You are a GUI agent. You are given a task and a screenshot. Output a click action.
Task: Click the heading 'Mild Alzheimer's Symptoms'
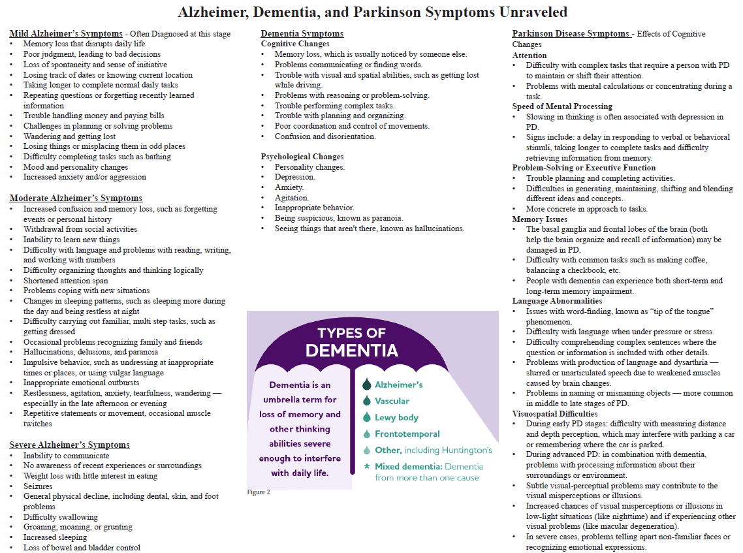coord(66,33)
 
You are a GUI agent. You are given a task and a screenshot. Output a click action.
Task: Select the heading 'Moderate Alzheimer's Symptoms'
coord(76,198)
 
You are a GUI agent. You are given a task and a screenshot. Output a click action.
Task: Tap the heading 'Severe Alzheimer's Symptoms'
coord(69,445)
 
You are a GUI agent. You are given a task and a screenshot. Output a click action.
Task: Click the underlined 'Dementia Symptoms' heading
coord(302,33)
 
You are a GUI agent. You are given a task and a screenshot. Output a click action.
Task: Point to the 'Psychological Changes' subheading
coord(302,157)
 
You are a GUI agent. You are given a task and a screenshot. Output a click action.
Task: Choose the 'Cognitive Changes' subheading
coord(295,44)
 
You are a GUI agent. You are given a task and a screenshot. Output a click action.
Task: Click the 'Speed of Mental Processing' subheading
coord(562,106)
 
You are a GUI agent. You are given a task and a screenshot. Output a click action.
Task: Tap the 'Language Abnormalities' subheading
coord(557,301)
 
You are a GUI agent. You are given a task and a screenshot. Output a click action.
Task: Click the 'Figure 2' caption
coord(259,492)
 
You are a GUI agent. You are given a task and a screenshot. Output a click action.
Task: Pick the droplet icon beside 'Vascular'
coord(366,401)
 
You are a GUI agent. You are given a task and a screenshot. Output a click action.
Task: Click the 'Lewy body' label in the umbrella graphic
coord(396,418)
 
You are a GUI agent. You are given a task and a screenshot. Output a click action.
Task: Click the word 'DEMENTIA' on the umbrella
coord(352,350)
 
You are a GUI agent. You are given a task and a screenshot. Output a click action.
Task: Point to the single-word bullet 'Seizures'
coord(39,486)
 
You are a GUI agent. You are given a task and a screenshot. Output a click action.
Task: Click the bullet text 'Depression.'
coord(294,177)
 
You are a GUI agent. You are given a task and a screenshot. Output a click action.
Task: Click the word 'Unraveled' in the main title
coord(527,12)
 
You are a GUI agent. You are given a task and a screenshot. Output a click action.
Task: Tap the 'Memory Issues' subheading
coord(539,219)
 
